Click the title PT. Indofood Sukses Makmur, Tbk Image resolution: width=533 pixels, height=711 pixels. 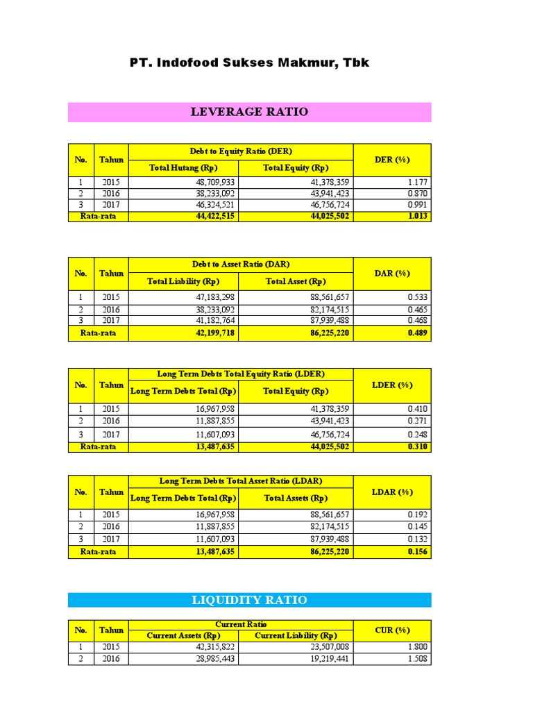click(x=249, y=63)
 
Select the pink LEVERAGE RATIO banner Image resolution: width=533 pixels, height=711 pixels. click(x=249, y=112)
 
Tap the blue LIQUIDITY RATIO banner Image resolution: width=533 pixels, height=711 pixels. click(x=249, y=600)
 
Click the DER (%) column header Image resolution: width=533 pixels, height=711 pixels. click(x=392, y=160)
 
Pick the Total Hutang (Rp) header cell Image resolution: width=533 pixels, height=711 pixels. click(x=183, y=168)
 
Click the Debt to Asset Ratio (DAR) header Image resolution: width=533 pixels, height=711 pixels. click(x=241, y=265)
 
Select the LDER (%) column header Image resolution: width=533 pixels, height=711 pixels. click(x=392, y=385)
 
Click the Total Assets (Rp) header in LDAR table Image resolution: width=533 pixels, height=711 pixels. click(x=296, y=499)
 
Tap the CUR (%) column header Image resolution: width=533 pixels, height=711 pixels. click(x=392, y=630)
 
